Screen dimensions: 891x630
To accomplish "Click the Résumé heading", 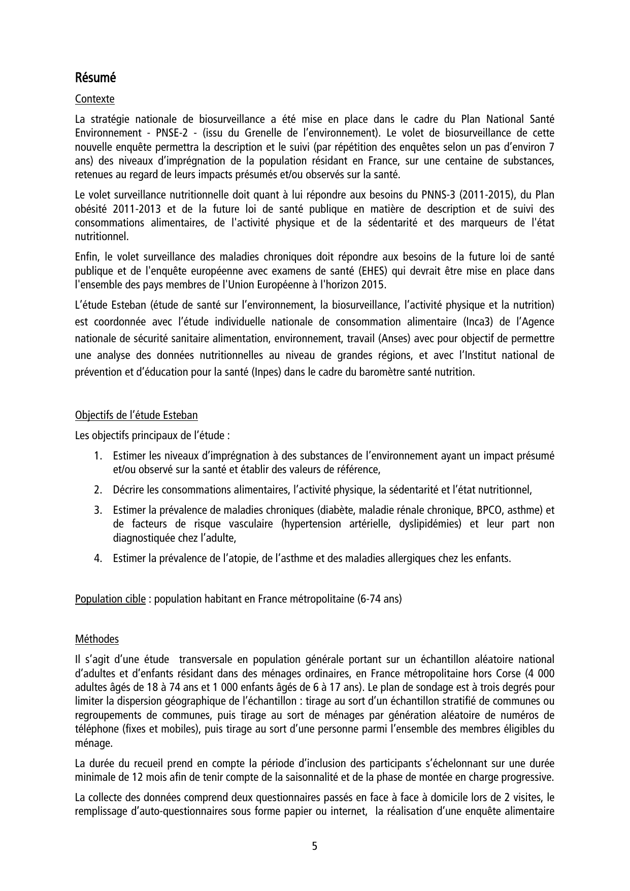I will [x=95, y=78].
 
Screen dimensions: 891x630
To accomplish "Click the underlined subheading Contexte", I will [x=94, y=99].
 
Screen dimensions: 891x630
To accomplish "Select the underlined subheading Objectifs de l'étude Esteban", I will [x=136, y=415].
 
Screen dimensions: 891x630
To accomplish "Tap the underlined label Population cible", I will [x=110, y=599].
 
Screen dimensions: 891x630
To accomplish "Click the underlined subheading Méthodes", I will [x=96, y=639].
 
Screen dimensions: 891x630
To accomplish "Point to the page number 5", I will [x=315, y=846].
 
